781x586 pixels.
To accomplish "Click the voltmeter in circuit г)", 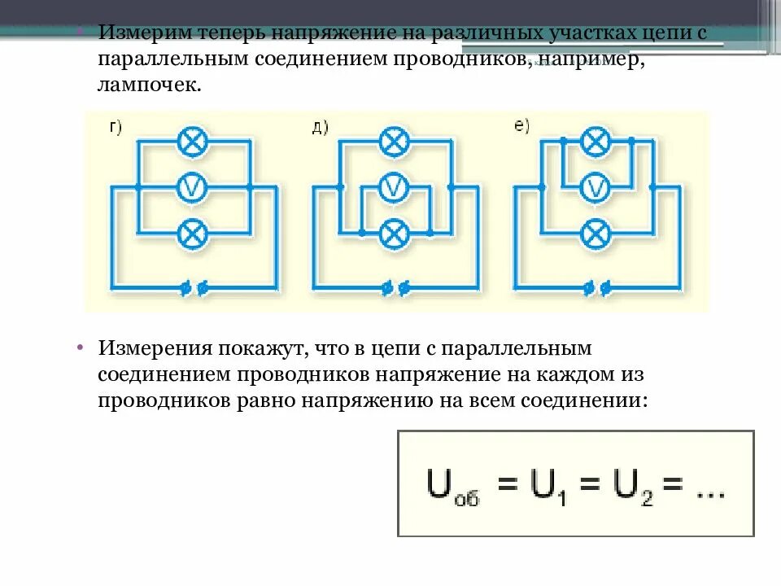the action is coord(193,188).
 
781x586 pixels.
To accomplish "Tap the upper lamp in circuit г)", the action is coord(193,142).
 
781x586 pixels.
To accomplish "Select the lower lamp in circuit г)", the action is coord(193,234).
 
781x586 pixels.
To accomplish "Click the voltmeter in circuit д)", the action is coord(395,188).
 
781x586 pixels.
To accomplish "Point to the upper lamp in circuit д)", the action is coord(395,142).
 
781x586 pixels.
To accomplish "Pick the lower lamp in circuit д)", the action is coord(395,234).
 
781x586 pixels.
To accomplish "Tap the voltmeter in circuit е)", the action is coord(596,188).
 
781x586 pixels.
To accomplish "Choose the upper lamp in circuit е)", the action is coord(596,142).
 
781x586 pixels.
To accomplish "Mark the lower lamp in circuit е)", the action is coord(596,234).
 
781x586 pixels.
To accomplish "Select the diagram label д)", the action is coord(319,127).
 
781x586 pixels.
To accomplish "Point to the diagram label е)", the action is coord(521,126).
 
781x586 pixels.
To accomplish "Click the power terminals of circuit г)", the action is coord(194,287).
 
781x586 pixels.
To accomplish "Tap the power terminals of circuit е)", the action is coord(597,287).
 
